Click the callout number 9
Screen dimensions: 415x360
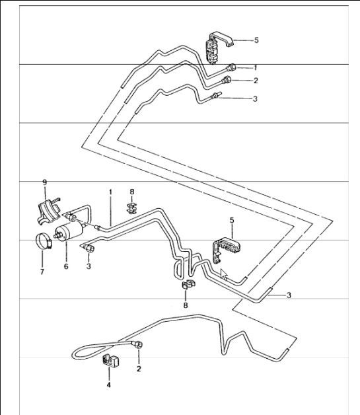coord(45,182)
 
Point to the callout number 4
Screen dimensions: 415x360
coord(109,384)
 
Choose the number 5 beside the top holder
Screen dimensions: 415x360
coord(256,40)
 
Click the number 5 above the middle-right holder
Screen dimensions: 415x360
coord(232,219)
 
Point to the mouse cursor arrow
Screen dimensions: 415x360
coord(224,274)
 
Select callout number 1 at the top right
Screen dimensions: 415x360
coord(255,67)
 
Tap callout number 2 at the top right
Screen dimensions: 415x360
coord(255,81)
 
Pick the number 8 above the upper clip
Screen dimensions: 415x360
coord(132,192)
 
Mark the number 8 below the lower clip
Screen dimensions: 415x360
coord(186,306)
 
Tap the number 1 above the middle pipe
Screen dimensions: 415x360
coord(111,192)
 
